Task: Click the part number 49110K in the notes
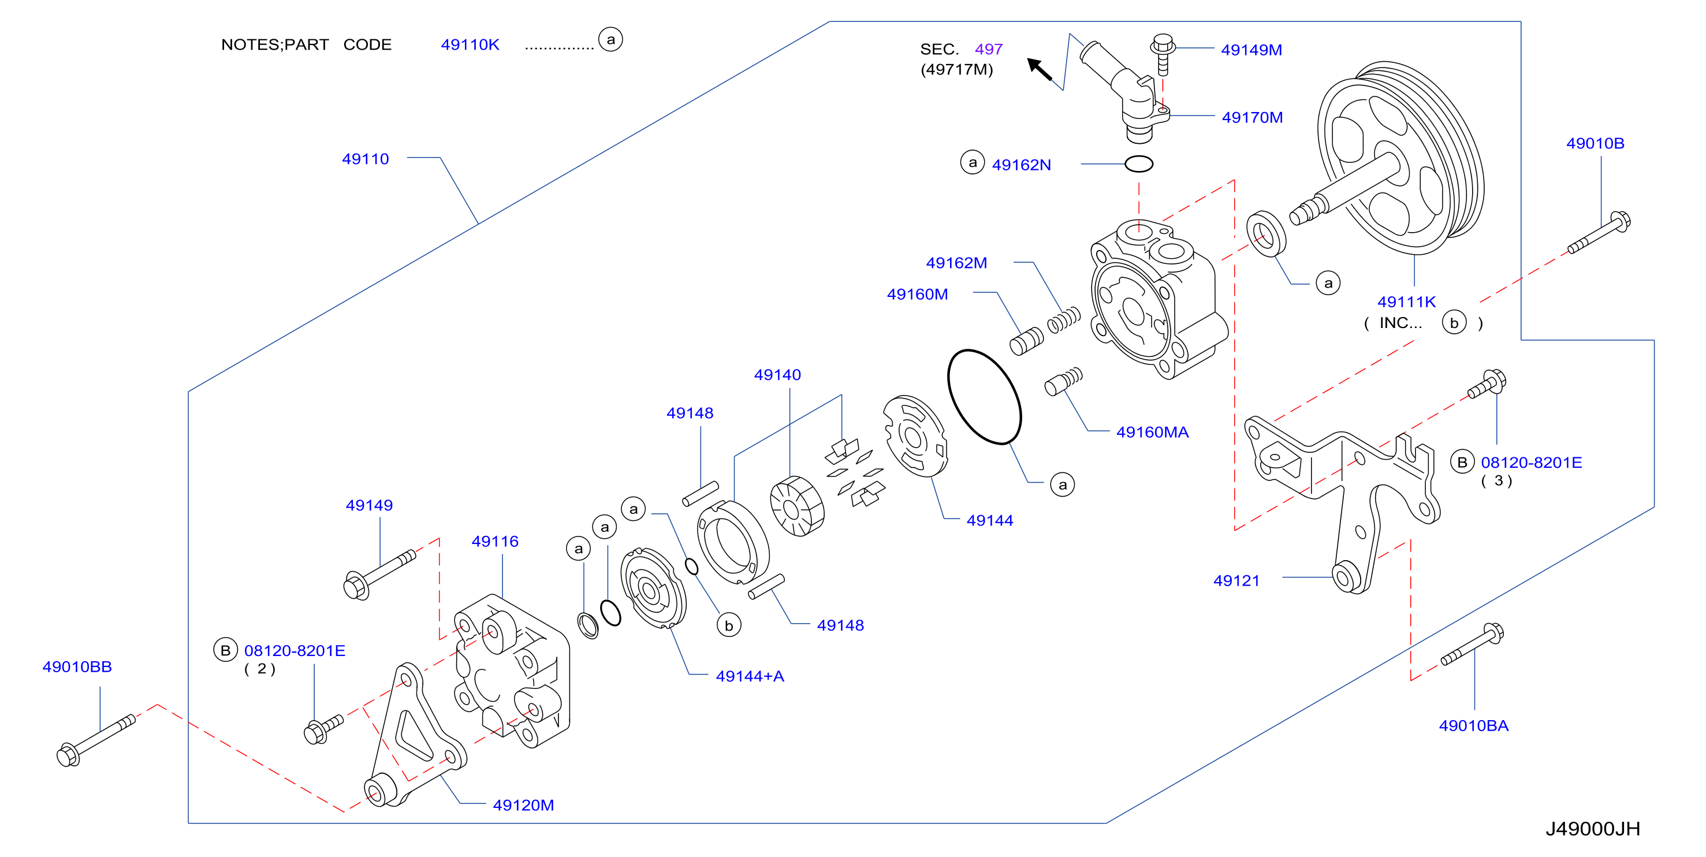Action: [470, 44]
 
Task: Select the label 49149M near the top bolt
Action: [1251, 50]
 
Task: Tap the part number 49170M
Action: [1251, 117]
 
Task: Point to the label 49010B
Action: [1595, 143]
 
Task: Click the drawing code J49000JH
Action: [1593, 829]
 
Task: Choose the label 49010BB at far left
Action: [77, 666]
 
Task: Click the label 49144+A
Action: [750, 676]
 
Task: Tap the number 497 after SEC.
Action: [988, 49]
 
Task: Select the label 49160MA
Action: [1152, 432]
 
